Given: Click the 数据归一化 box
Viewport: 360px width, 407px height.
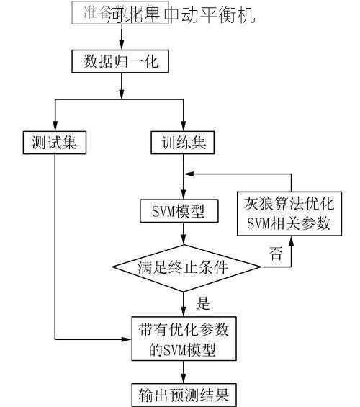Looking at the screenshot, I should coord(120,61).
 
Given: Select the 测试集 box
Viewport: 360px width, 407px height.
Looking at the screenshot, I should coord(54,142).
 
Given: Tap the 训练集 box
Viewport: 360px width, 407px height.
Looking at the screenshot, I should coord(183,142).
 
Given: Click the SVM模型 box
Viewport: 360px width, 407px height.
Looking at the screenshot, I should coord(183,211).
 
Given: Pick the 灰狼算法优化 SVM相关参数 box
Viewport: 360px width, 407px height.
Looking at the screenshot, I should coord(289,213).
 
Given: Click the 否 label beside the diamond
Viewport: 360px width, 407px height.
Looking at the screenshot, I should coord(276,253).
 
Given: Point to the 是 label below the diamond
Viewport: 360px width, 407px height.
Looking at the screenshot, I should coord(203,303).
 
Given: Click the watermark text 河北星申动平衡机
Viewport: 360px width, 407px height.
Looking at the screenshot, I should coord(180,14).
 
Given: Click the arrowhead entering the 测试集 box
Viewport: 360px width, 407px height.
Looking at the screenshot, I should coord(55,127).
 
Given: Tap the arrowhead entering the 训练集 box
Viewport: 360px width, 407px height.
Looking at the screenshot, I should coord(183,127).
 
